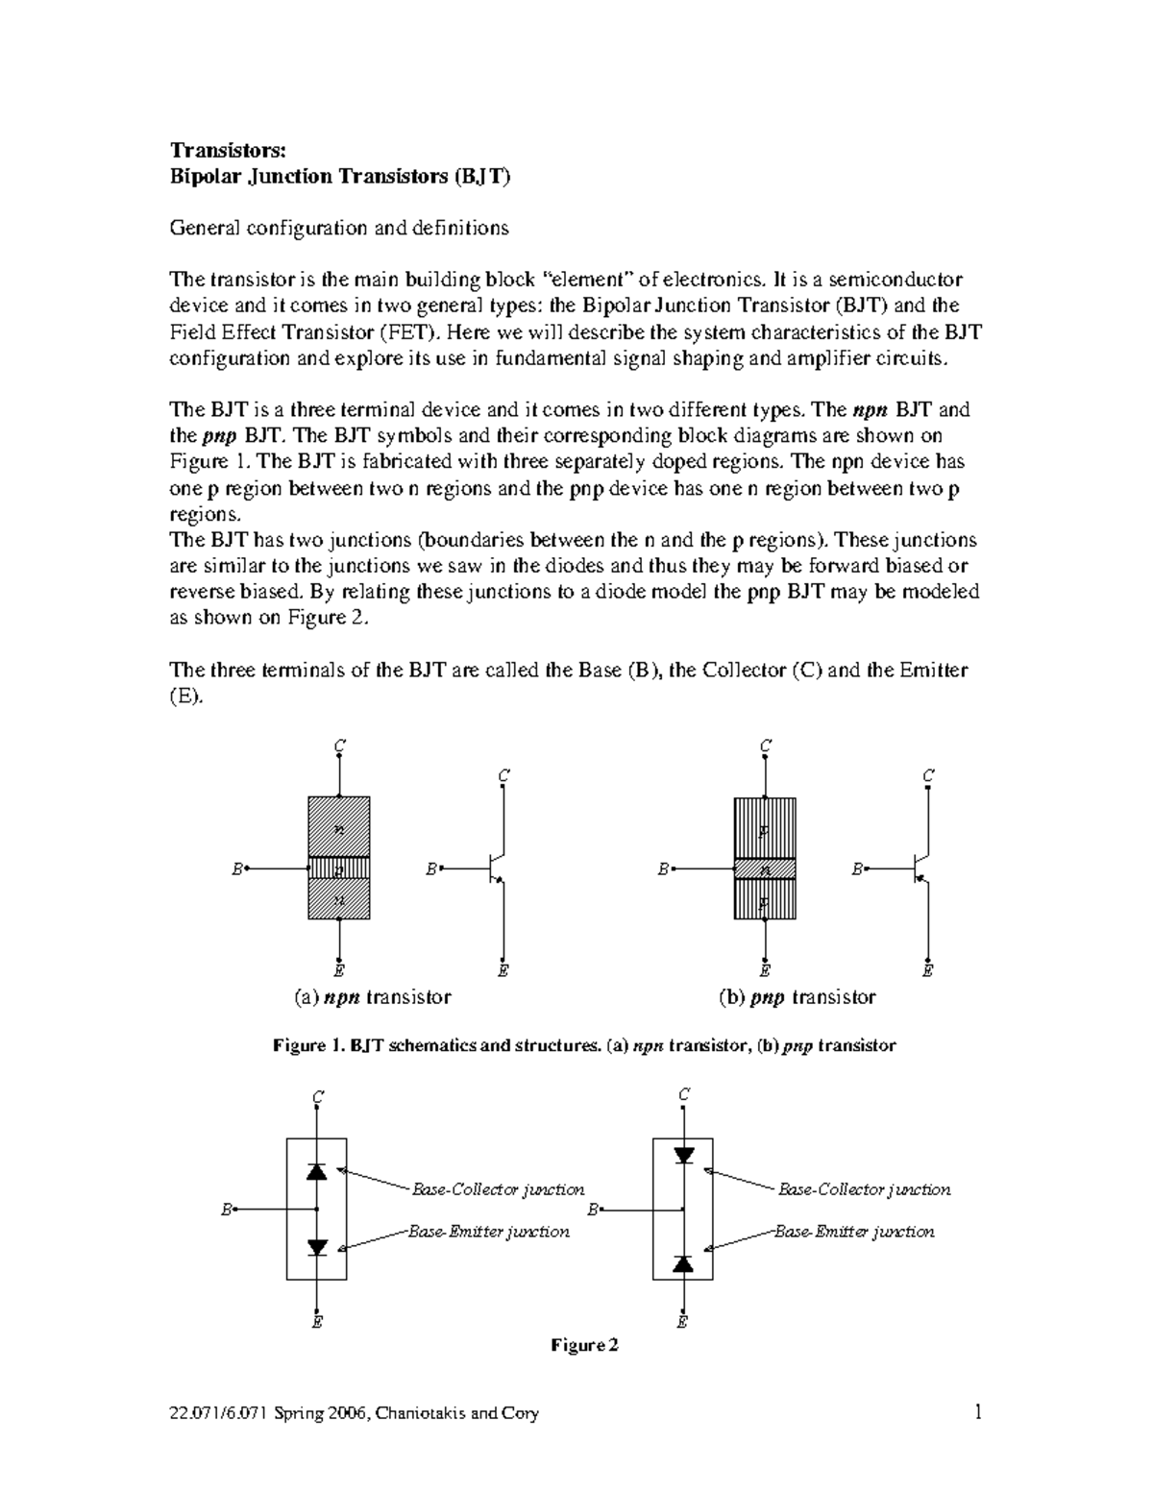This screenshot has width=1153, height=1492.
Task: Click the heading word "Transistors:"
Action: [228, 150]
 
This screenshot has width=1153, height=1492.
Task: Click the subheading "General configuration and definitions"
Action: [338, 228]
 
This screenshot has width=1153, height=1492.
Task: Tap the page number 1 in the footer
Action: [977, 1412]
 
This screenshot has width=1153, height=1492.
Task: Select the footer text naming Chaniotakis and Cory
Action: [354, 1413]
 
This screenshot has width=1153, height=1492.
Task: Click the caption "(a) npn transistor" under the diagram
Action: [372, 997]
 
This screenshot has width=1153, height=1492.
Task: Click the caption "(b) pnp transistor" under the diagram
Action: [797, 997]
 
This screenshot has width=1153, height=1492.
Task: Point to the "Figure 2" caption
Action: [584, 1345]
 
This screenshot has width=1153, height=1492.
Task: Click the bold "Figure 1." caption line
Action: [584, 1045]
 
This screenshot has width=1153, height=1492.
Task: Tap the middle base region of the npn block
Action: [338, 869]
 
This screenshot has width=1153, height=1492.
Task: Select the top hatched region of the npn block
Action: [338, 827]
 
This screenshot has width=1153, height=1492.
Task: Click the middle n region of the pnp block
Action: [765, 869]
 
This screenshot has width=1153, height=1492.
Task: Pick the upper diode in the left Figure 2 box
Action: [317, 1171]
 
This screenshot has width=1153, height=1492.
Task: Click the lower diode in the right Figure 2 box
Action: [683, 1263]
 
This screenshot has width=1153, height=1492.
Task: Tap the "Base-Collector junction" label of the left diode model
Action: [498, 1189]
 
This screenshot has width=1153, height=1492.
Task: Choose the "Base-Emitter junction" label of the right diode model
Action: [854, 1231]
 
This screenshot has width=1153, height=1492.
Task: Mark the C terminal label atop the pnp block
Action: [765, 746]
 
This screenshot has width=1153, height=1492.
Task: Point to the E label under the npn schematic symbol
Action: [503, 970]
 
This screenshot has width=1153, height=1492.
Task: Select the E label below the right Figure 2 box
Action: [682, 1322]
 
